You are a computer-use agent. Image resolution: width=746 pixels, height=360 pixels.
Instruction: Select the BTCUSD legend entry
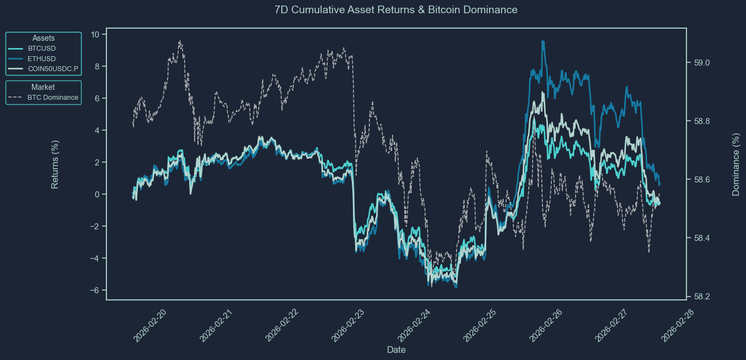(x=41, y=48)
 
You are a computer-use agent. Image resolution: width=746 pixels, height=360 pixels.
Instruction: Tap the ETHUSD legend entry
(x=41, y=58)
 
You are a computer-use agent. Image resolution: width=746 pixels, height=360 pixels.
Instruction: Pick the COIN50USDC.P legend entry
(x=53, y=69)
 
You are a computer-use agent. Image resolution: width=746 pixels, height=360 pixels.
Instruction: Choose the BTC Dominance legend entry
(x=52, y=98)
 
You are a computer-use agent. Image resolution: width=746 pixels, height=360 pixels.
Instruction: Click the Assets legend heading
(x=43, y=38)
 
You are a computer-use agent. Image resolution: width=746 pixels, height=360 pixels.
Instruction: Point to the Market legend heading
(x=43, y=87)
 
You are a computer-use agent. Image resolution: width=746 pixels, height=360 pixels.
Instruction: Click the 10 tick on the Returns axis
(x=95, y=35)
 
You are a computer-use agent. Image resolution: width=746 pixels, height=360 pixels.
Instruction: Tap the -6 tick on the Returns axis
(x=94, y=291)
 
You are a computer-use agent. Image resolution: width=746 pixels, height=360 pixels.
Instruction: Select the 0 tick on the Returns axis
(x=97, y=195)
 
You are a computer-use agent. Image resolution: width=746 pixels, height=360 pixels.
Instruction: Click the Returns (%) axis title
(x=55, y=164)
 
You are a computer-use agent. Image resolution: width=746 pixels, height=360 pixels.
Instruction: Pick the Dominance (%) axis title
(x=736, y=164)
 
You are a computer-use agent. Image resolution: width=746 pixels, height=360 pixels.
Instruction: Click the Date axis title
(x=396, y=350)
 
